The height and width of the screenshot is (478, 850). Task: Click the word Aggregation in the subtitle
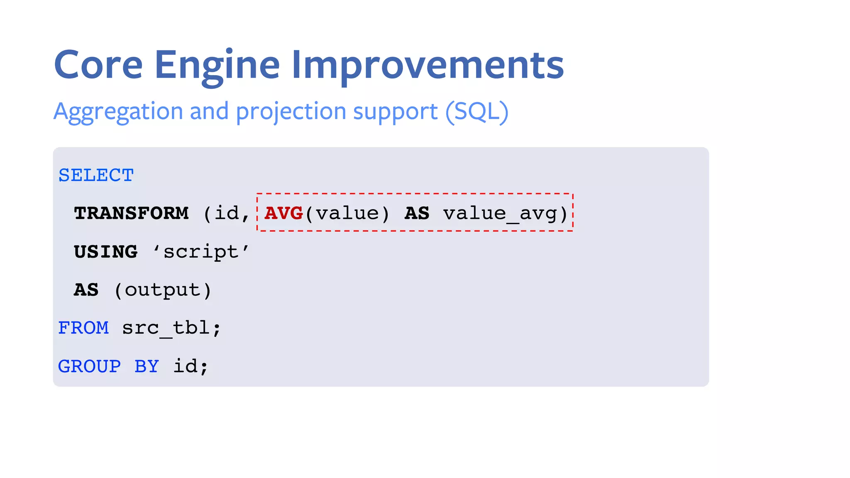coord(118,112)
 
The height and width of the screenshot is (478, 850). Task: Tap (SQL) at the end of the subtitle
coord(477,112)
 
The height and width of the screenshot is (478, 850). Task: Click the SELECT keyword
coord(96,175)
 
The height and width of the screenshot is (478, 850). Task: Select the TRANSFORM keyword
coord(131,213)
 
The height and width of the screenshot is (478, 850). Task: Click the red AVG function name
coord(284,213)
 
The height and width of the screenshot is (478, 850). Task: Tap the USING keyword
coord(106,251)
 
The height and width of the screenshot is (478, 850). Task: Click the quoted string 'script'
coord(201,251)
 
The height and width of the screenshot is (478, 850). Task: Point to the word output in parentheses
coord(163,290)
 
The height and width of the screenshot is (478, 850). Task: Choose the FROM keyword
coord(83,328)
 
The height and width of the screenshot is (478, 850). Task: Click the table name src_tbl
coord(166,328)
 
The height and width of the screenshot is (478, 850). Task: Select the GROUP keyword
coord(90,366)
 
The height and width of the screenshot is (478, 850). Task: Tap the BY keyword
coord(147,366)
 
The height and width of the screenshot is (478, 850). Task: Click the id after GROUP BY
coord(186,366)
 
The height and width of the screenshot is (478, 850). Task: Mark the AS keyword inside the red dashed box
coord(417,213)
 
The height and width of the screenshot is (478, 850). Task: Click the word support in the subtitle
coord(395,112)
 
